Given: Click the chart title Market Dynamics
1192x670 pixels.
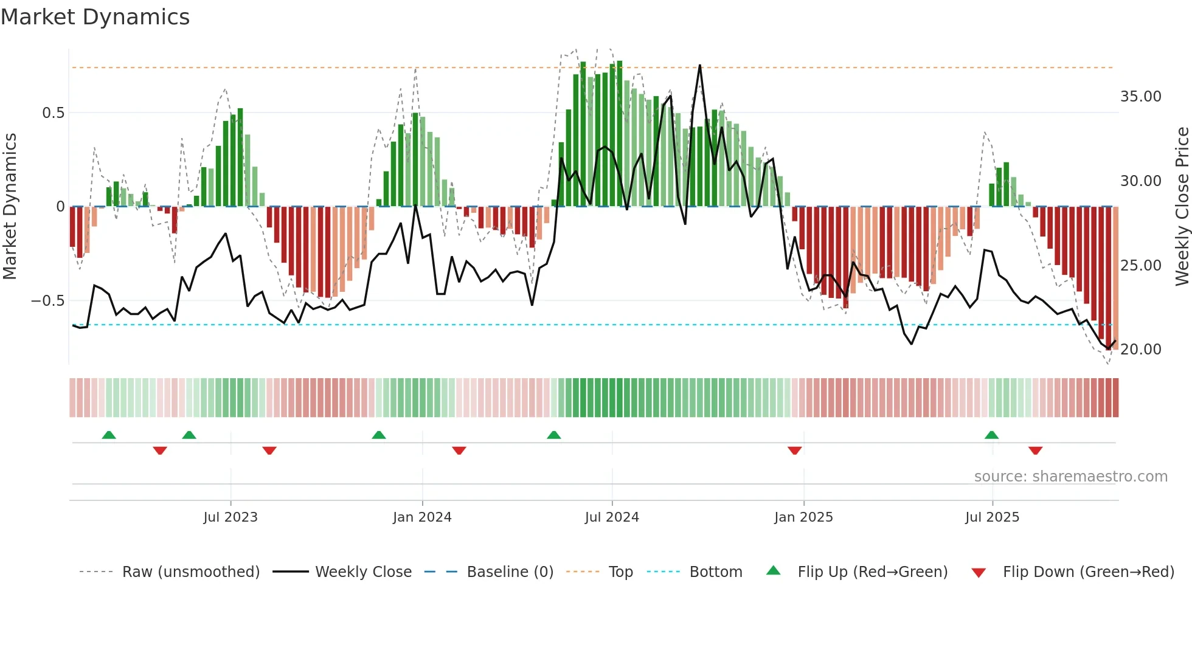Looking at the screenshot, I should [x=95, y=17].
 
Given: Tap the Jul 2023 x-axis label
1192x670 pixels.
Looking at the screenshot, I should [x=230, y=517].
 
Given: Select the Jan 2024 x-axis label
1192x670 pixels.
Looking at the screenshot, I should [x=422, y=517].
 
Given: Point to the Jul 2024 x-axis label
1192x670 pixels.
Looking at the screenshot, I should [x=612, y=517].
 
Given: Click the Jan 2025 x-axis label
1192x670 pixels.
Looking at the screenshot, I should [x=803, y=517].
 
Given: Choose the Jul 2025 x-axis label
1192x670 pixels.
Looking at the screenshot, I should [x=992, y=517].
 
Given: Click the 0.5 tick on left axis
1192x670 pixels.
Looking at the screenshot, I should [x=54, y=113].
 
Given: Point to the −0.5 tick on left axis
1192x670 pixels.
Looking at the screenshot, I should [x=48, y=301].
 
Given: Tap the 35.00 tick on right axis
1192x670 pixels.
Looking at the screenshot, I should [x=1140, y=97].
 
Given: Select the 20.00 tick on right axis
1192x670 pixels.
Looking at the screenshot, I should [x=1140, y=350].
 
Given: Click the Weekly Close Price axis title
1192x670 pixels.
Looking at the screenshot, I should [x=1182, y=207].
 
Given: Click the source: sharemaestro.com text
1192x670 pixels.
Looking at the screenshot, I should [x=1070, y=477].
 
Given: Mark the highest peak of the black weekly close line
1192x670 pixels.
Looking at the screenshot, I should [x=700, y=65].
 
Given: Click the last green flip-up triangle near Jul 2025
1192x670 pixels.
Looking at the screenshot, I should [x=991, y=435].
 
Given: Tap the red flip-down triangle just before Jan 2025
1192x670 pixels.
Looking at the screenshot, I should [x=794, y=451].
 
